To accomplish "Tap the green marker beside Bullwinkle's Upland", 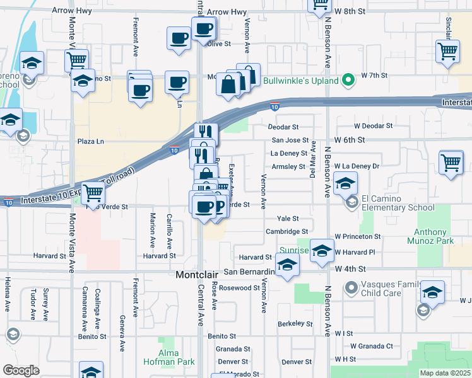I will tap(347, 81).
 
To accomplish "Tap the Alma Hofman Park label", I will tap(177, 357).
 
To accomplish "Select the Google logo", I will tap(21, 370).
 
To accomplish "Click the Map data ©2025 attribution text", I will tap(445, 373).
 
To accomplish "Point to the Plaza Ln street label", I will tap(90, 141).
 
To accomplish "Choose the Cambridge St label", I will tap(286, 231).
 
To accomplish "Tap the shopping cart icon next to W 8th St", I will tap(320, 4).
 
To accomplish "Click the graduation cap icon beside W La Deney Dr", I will tap(345, 183).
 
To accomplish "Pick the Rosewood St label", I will tap(239, 288).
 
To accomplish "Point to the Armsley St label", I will tap(288, 167).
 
